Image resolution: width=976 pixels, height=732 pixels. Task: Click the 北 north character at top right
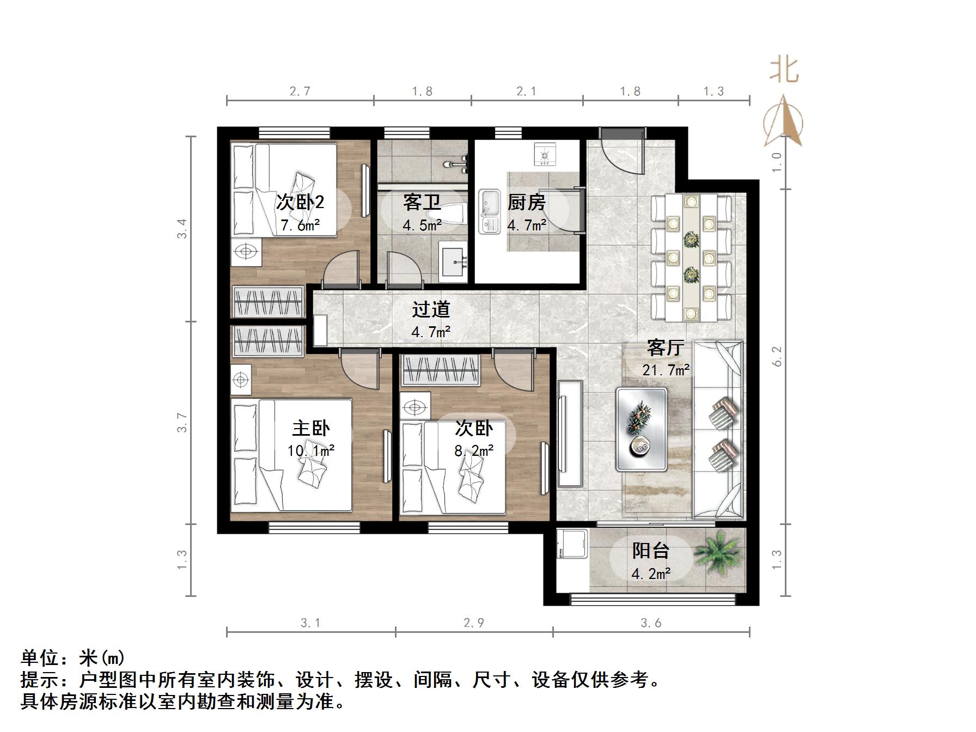(x=784, y=70)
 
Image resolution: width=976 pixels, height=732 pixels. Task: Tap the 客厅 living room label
(x=666, y=347)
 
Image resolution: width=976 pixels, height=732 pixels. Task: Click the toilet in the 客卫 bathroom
(x=454, y=213)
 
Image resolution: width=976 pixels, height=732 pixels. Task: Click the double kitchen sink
(x=489, y=211)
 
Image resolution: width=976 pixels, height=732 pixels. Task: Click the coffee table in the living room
(x=642, y=429)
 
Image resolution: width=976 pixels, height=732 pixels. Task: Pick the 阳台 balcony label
(x=650, y=551)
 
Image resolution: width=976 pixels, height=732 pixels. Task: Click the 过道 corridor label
(x=431, y=309)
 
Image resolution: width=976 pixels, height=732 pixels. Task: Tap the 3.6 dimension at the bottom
(x=651, y=623)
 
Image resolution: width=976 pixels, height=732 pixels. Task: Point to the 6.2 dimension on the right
(x=777, y=356)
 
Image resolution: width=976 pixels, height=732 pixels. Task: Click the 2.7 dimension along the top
(x=300, y=91)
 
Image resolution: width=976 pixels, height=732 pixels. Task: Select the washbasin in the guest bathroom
(x=454, y=263)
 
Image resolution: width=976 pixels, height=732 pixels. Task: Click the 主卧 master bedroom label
(x=311, y=428)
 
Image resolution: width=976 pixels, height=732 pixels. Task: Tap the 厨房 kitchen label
(x=526, y=203)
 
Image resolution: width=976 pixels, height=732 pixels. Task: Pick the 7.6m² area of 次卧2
(x=300, y=225)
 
